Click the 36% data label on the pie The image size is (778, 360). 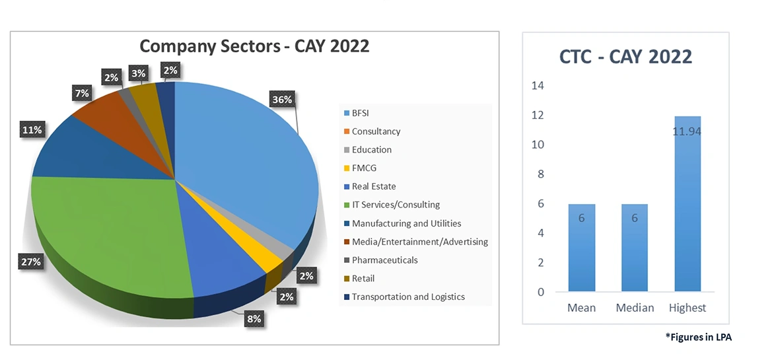tap(282, 100)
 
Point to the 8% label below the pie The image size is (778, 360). tap(254, 319)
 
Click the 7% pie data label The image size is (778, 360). tap(82, 94)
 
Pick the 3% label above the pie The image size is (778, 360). tap(138, 73)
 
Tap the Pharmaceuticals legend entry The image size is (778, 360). tap(384, 260)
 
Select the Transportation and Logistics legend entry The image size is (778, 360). tap(407, 297)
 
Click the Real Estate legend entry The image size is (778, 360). tap(373, 186)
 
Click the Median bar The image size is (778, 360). tap(635, 248)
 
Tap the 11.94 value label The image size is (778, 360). tap(688, 132)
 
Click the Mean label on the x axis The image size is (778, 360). tap(582, 308)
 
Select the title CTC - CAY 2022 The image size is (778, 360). tap(625, 57)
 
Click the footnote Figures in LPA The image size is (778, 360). tap(699, 337)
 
